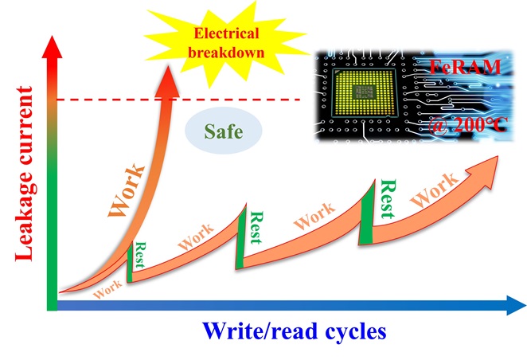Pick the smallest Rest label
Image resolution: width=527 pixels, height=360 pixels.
tap(140, 252)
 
